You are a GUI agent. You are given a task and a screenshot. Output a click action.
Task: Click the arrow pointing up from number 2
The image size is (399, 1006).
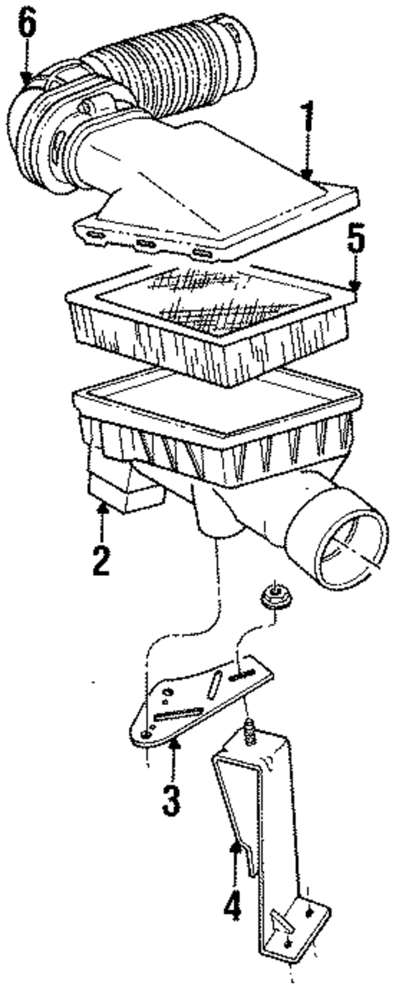(x=102, y=518)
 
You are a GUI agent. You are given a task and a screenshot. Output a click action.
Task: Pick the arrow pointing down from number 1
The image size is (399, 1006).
(x=307, y=165)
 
